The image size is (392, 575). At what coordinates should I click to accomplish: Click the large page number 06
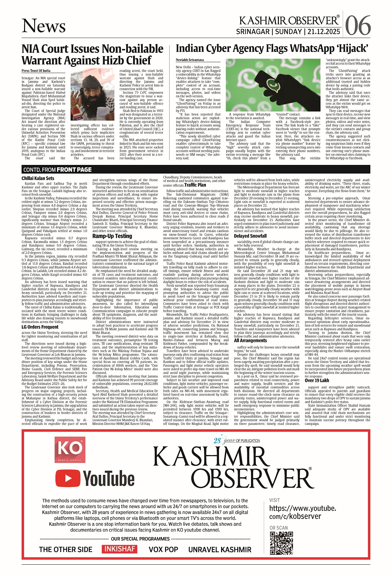pos(358,26)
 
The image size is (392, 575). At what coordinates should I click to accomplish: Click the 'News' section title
pos(44,26)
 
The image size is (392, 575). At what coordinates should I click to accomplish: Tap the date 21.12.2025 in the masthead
pos(324,32)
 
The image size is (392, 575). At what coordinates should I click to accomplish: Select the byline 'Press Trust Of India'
pos(36,71)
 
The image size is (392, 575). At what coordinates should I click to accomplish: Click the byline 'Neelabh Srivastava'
pos(190,60)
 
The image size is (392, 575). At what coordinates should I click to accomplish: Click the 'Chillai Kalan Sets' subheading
pos(38,178)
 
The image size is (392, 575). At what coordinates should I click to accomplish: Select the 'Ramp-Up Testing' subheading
pos(112,236)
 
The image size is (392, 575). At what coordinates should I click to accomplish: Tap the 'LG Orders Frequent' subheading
pos(40,327)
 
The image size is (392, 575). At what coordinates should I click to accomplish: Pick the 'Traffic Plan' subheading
pos(195,185)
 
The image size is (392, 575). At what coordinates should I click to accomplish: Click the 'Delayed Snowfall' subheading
pos(250,236)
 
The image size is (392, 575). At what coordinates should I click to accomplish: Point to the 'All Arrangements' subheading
pos(250,340)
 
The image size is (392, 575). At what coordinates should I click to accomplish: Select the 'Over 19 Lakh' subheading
pos(317,380)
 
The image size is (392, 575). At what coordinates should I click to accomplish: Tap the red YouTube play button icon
pos(67,479)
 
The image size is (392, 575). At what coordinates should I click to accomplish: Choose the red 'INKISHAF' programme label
pos(120,549)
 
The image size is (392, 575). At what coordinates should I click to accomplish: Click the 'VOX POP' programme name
pos(163,550)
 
